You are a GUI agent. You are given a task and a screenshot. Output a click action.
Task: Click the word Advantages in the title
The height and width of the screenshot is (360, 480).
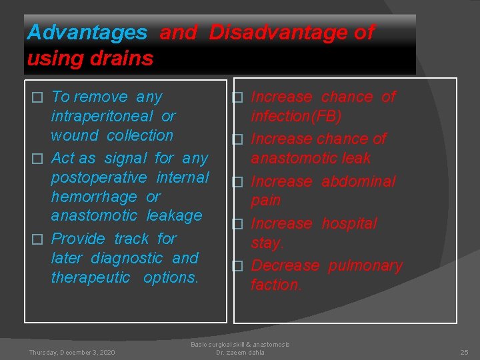[87, 32]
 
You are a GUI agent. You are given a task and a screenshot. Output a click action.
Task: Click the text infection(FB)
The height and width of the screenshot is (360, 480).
[296, 117]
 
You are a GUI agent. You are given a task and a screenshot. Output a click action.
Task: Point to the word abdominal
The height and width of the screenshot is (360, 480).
[358, 181]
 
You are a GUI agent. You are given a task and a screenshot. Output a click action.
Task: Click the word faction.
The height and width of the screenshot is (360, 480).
[275, 285]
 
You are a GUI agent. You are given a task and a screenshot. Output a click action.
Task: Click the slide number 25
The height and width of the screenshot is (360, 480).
[464, 352]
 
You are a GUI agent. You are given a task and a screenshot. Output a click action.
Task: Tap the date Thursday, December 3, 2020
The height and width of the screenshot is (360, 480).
[71, 352]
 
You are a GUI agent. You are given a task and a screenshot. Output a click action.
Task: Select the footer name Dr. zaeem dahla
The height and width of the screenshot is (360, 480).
[240, 352]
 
